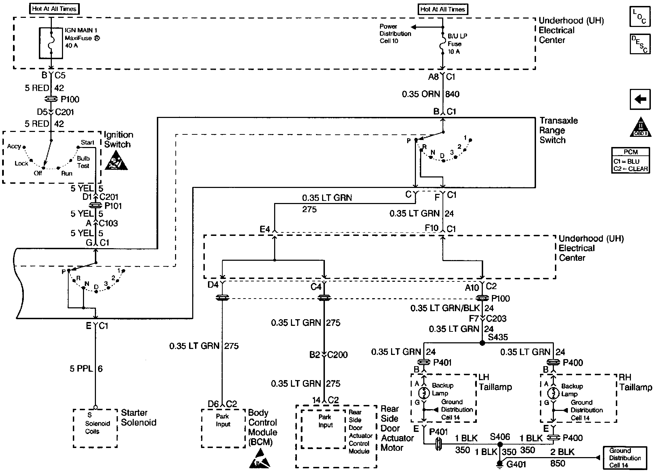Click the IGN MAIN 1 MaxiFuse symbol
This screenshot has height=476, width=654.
(51, 43)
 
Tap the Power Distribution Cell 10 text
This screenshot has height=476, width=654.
(395, 34)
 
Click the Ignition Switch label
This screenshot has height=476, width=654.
(118, 140)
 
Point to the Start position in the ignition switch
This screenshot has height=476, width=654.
(87, 142)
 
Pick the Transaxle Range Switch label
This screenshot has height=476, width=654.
(558, 130)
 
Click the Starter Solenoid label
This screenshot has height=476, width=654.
(139, 418)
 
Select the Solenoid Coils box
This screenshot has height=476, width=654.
(95, 428)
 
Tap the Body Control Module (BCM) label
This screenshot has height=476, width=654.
(263, 427)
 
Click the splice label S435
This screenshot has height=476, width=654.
(498, 337)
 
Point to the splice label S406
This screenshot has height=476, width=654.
(500, 436)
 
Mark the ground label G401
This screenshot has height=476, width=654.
(516, 464)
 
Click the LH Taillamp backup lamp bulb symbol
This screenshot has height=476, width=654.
(424, 393)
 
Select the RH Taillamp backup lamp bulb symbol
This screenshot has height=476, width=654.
(554, 393)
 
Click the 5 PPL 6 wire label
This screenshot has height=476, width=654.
(86, 369)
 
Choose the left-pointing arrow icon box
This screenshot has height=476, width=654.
(640, 100)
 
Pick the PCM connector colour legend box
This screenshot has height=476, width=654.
(631, 161)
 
